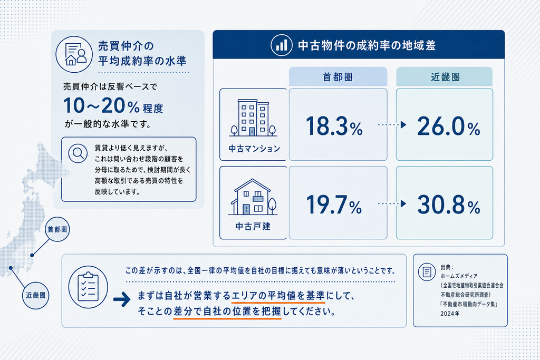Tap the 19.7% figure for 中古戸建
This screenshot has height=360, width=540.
click(x=334, y=205)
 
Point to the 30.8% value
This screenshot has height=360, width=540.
click(x=449, y=205)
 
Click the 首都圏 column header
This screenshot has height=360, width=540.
click(x=338, y=77)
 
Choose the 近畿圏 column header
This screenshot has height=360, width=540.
click(x=444, y=77)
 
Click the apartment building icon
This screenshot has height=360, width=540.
click(x=253, y=118)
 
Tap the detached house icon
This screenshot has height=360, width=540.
click(x=253, y=197)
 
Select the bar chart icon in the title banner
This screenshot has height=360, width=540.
click(x=282, y=45)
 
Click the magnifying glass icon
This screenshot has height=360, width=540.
click(x=78, y=153)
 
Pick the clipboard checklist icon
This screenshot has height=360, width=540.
click(x=88, y=287)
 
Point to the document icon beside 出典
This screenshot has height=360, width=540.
click(x=427, y=272)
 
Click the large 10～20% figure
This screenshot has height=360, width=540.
click(x=101, y=105)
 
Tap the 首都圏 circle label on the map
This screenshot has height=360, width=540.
click(x=57, y=229)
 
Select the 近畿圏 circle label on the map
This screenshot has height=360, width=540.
click(x=35, y=295)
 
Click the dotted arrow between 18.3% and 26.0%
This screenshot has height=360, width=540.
click(x=392, y=124)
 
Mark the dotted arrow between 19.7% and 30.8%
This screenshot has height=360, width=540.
click(x=392, y=204)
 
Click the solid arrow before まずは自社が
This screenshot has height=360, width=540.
click(x=122, y=299)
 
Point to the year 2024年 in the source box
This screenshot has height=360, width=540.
click(x=450, y=314)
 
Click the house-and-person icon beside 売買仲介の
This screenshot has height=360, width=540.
click(x=74, y=54)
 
